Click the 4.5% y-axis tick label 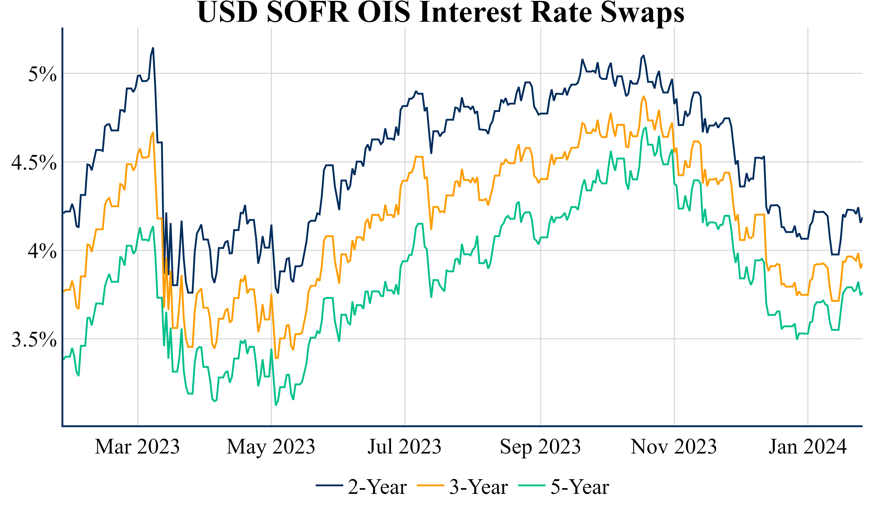point(34,162)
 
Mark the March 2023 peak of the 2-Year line point(153,48)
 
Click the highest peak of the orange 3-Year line point(643,96)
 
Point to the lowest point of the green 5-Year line point(276,405)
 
